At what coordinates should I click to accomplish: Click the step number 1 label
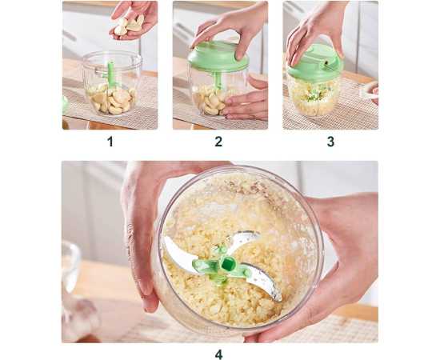pyautogui.click(x=110, y=142)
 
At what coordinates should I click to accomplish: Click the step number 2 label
pyautogui.click(x=218, y=142)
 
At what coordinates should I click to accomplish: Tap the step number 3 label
pyautogui.click(x=330, y=142)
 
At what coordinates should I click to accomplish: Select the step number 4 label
pyautogui.click(x=219, y=354)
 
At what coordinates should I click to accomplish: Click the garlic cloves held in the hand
pyautogui.click(x=129, y=25)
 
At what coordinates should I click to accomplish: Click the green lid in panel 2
pyautogui.click(x=218, y=57)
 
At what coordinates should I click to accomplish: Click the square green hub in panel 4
pyautogui.click(x=226, y=264)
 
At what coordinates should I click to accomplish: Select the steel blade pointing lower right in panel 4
pyautogui.click(x=262, y=281)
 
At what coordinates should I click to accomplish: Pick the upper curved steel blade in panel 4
pyautogui.click(x=243, y=238)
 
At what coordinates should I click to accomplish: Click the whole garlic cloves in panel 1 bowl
pyautogui.click(x=112, y=100)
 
